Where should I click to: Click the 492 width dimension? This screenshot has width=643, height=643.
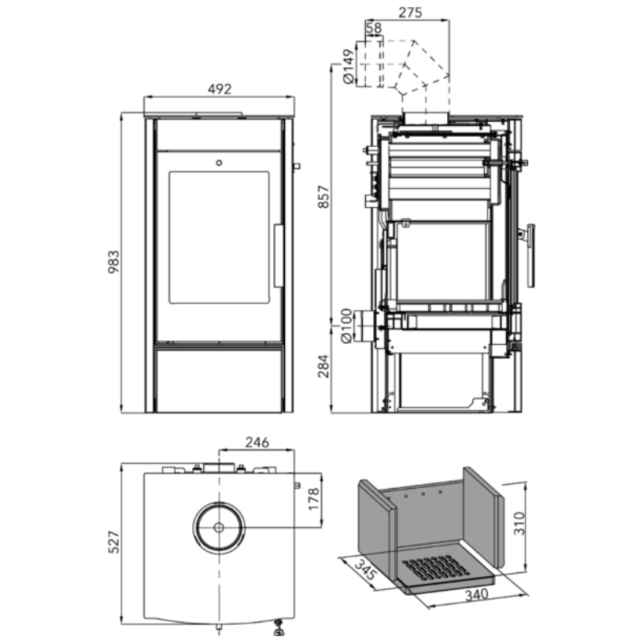pyautogui.click(x=220, y=89)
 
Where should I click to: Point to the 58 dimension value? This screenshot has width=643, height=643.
pyautogui.click(x=373, y=29)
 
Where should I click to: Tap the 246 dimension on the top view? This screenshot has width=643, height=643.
pyautogui.click(x=256, y=442)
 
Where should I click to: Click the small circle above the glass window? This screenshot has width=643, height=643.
pyautogui.click(x=220, y=163)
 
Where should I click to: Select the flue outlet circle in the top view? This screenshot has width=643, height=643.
pyautogui.click(x=219, y=526)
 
